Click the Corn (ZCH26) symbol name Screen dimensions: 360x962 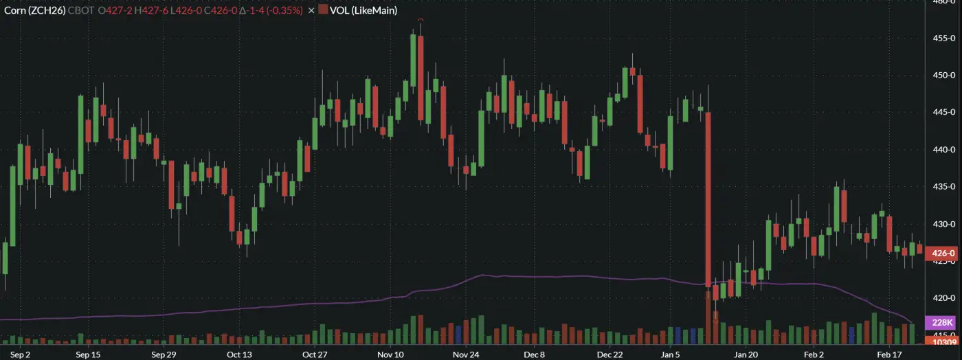click(34, 10)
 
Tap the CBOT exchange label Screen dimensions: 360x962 click(81, 10)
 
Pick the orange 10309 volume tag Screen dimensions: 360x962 click(941, 341)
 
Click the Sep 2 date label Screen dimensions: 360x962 click(21, 355)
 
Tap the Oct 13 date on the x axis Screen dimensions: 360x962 click(239, 355)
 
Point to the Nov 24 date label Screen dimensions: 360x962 click(465, 355)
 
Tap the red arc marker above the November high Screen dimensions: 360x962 click(420, 21)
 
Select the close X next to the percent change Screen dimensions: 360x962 click(311, 10)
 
